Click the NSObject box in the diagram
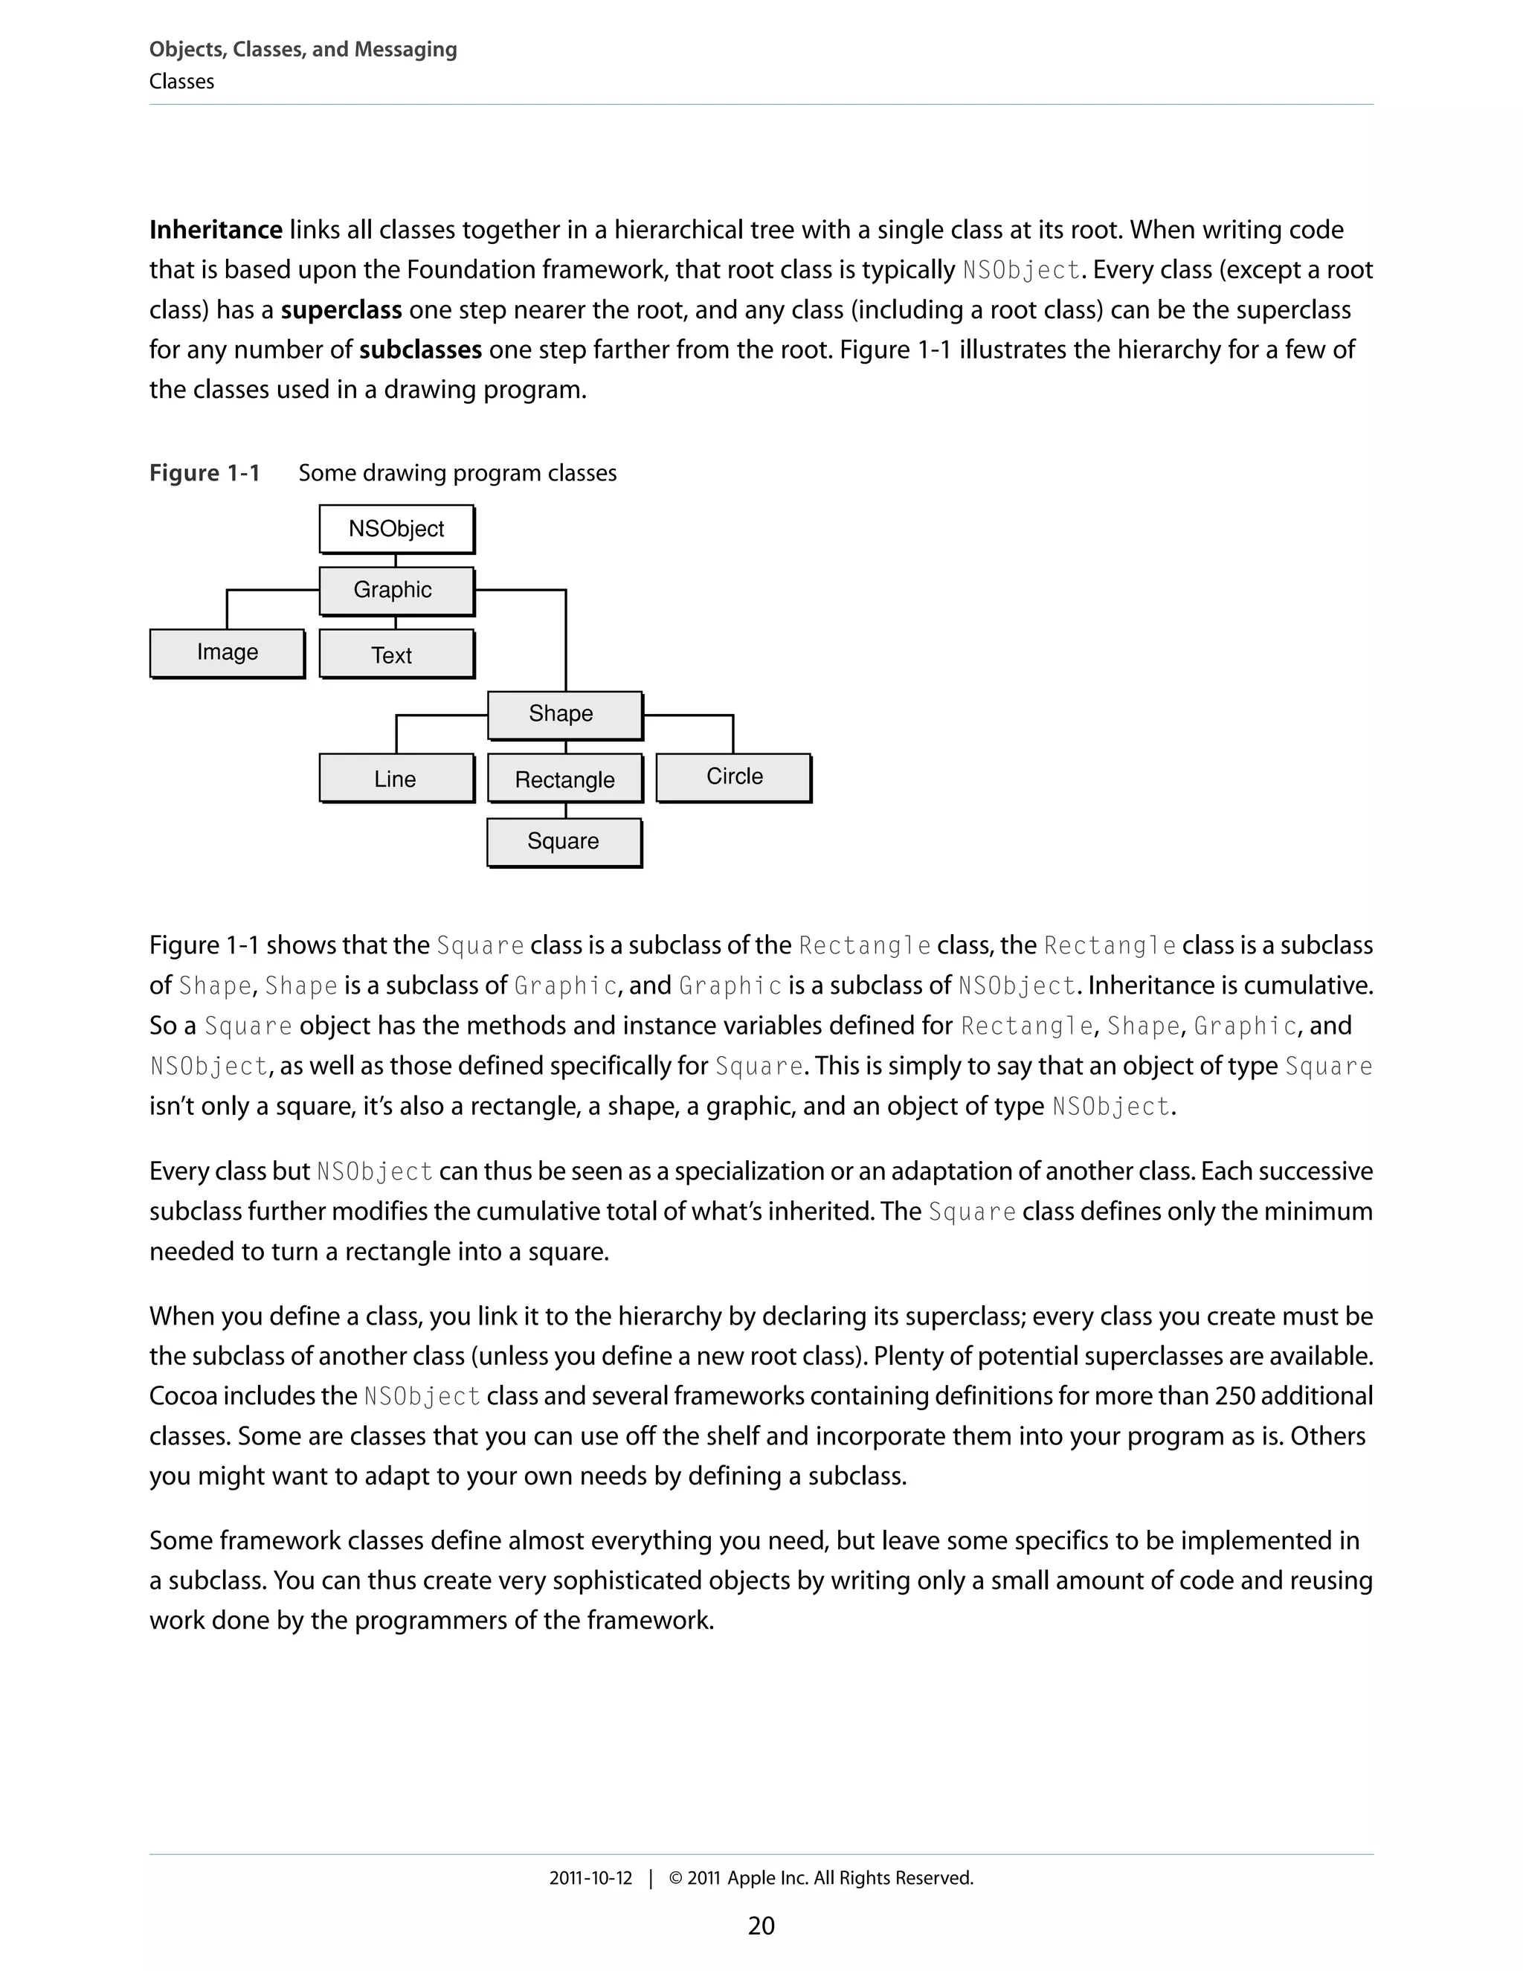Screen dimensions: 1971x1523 (396, 529)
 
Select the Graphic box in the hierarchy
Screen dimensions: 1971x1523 (396, 591)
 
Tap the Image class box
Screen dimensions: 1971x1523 (228, 652)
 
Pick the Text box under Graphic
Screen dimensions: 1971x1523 (396, 655)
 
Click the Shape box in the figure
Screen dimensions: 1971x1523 (565, 714)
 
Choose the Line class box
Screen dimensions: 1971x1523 (396, 778)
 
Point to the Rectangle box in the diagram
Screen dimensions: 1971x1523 (565, 779)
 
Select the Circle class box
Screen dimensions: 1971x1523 (733, 777)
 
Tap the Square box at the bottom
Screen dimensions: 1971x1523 (564, 841)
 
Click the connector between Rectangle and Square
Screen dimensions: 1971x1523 (566, 811)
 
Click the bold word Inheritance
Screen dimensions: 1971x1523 (216, 230)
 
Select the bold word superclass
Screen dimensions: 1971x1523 (341, 310)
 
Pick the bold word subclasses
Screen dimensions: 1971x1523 (420, 350)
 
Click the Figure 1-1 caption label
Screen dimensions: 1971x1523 (205, 473)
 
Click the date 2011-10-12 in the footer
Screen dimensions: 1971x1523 (591, 1878)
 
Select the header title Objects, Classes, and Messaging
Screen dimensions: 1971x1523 (303, 50)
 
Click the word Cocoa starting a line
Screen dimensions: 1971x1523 (183, 1396)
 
